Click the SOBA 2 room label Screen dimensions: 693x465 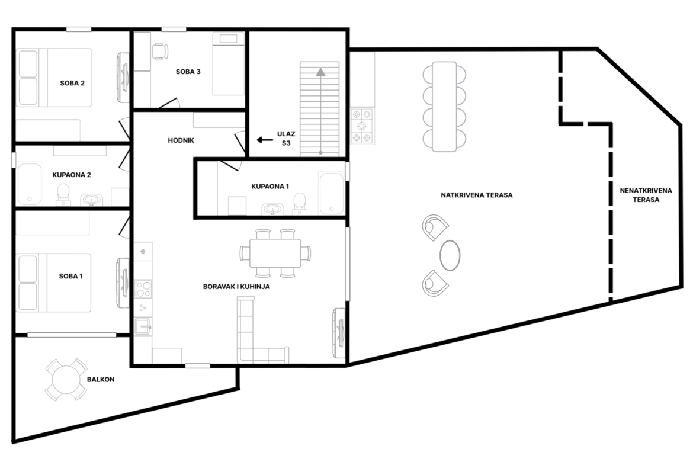point(72,83)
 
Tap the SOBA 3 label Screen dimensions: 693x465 point(188,72)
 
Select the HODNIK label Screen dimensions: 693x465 point(181,140)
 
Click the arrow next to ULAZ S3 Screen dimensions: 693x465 point(265,140)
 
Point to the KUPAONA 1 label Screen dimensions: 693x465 point(270,187)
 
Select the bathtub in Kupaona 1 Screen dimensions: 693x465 point(331,194)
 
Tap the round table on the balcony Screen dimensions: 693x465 point(66,380)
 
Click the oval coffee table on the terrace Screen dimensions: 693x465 point(450,255)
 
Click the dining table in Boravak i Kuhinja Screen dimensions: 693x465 point(275,254)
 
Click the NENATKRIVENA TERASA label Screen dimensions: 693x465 point(646,195)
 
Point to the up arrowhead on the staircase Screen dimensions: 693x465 point(320,72)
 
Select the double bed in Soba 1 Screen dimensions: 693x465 point(54,283)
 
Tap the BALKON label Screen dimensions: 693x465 point(101,380)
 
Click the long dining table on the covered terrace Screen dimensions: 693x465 point(444,107)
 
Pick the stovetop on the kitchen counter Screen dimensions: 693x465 point(143,288)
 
